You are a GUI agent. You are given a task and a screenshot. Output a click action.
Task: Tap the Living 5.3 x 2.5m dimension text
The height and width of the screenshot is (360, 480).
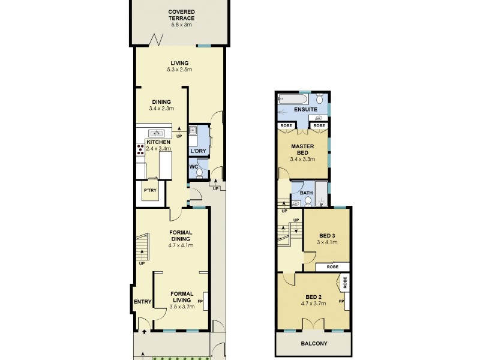click(179, 71)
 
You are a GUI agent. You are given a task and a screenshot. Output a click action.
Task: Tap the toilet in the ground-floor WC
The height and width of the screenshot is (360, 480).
click(199, 173)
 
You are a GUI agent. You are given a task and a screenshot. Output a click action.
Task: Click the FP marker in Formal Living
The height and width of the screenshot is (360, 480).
click(200, 301)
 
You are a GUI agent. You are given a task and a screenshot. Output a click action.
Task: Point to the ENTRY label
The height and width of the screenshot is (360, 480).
click(142, 302)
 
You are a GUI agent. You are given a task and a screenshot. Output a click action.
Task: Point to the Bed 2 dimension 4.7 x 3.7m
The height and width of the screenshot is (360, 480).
click(313, 304)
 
